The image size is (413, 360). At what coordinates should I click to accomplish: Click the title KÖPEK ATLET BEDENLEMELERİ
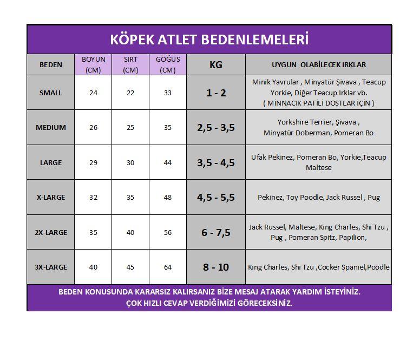[209, 40]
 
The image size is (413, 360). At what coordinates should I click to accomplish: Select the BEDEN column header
[51, 65]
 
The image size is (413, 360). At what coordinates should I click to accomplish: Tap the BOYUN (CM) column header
[94, 64]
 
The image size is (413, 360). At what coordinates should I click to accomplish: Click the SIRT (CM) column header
[130, 64]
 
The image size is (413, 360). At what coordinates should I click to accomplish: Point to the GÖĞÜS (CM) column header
[168, 64]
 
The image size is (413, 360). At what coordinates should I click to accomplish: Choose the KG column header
[216, 65]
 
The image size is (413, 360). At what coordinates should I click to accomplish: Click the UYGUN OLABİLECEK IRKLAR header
[318, 65]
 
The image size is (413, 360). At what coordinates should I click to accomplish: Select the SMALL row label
[51, 93]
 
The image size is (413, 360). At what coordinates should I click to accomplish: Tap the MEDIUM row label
[51, 128]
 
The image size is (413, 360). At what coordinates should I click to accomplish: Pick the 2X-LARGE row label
[51, 232]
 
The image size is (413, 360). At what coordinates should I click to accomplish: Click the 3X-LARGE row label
[51, 267]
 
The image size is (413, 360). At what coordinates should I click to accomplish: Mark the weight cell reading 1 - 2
[216, 93]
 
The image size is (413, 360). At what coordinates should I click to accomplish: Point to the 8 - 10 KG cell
[216, 267]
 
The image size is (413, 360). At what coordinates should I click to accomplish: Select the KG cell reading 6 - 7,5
[216, 232]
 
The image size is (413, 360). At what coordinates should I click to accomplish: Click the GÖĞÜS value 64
[168, 267]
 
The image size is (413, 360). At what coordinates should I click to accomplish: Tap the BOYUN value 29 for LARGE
[94, 162]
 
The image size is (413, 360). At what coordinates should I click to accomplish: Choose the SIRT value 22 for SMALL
[130, 93]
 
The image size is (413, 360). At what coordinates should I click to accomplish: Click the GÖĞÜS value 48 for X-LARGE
[168, 198]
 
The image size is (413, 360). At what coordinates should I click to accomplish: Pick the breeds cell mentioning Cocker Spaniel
[318, 267]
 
